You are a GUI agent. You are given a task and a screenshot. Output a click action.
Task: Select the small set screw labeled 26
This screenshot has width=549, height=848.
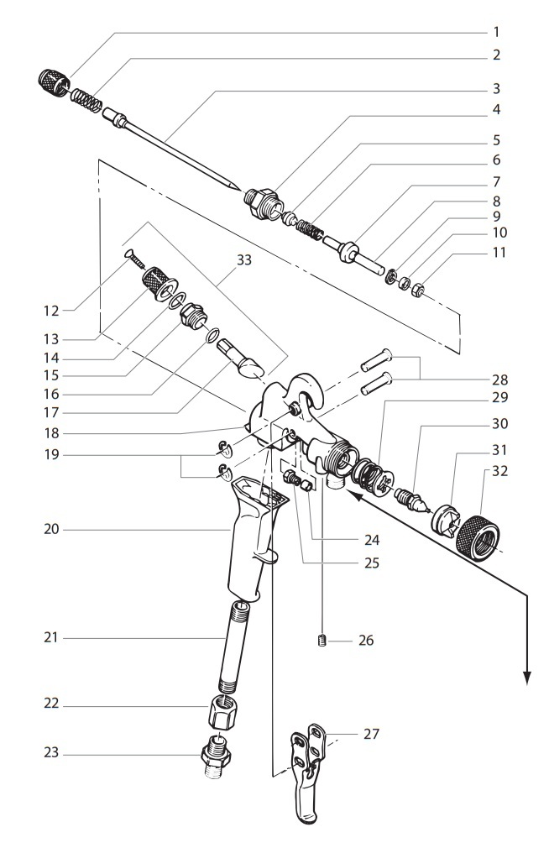click(x=322, y=643)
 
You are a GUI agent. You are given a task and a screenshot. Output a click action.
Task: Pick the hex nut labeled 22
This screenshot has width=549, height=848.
click(x=223, y=713)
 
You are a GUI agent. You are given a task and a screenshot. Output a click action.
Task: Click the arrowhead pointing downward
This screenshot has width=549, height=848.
click(x=527, y=678)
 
